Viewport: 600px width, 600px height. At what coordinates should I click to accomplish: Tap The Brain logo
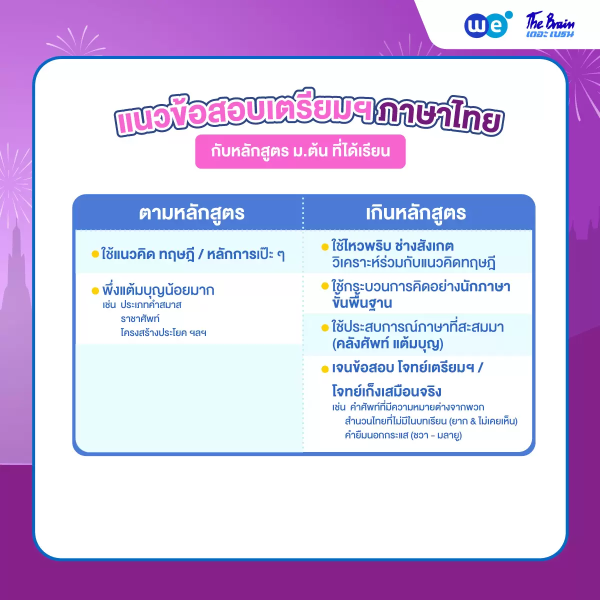tap(550, 25)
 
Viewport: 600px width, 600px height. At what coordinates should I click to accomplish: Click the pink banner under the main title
tap(300, 151)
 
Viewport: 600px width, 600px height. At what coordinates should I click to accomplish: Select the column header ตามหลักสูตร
tap(191, 213)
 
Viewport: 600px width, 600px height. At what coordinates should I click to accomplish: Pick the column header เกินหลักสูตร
tap(415, 213)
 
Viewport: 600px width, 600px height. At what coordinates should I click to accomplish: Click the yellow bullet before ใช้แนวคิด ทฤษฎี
tap(95, 254)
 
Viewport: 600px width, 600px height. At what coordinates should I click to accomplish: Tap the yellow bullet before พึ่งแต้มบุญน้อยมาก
tap(95, 291)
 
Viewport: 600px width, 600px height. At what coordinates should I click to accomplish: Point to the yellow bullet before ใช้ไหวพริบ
tap(325, 247)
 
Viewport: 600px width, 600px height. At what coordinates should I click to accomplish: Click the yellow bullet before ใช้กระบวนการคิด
tap(325, 286)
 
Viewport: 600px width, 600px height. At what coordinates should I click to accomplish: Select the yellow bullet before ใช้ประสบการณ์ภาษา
tap(325, 327)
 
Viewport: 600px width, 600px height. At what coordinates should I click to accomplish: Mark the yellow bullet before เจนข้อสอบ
tap(325, 369)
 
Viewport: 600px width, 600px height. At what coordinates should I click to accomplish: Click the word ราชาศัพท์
tap(140, 319)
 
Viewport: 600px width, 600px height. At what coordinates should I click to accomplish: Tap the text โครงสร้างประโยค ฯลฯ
tap(163, 332)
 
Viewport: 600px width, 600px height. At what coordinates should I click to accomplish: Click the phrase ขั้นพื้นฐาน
tap(362, 302)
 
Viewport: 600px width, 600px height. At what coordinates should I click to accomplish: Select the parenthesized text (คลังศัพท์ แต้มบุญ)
tap(387, 344)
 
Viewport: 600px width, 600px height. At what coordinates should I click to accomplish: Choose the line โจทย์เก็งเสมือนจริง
tap(386, 391)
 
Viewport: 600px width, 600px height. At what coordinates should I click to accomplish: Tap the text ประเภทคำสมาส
tap(151, 305)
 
